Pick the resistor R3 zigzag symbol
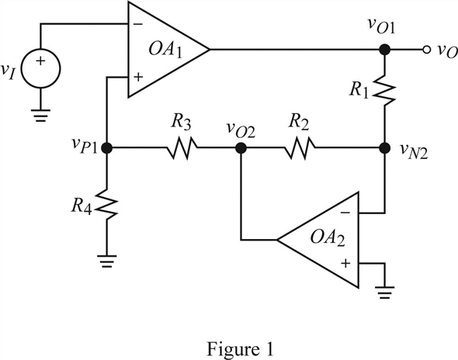point(182,147)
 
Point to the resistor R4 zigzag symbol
point(107,206)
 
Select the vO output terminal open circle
point(426,50)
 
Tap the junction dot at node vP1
point(107,147)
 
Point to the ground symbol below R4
point(107,261)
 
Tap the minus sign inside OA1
point(137,24)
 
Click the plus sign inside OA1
point(137,76)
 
